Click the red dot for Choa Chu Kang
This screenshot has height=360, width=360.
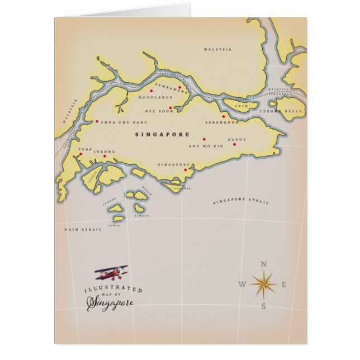click(x=97, y=121)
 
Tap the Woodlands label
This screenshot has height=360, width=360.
click(x=155, y=97)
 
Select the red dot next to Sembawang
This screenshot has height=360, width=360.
click(x=179, y=87)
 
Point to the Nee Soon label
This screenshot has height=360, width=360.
click(x=156, y=111)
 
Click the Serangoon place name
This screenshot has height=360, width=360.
click(x=222, y=122)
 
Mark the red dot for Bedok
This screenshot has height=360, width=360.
click(x=234, y=144)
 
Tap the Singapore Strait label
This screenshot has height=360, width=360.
click(x=240, y=201)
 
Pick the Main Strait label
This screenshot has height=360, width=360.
click(x=83, y=229)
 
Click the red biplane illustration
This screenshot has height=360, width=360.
click(x=112, y=273)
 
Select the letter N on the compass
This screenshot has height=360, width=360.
click(x=264, y=264)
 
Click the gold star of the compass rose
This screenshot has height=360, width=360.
click(x=264, y=285)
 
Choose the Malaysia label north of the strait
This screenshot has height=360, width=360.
click(x=217, y=49)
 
